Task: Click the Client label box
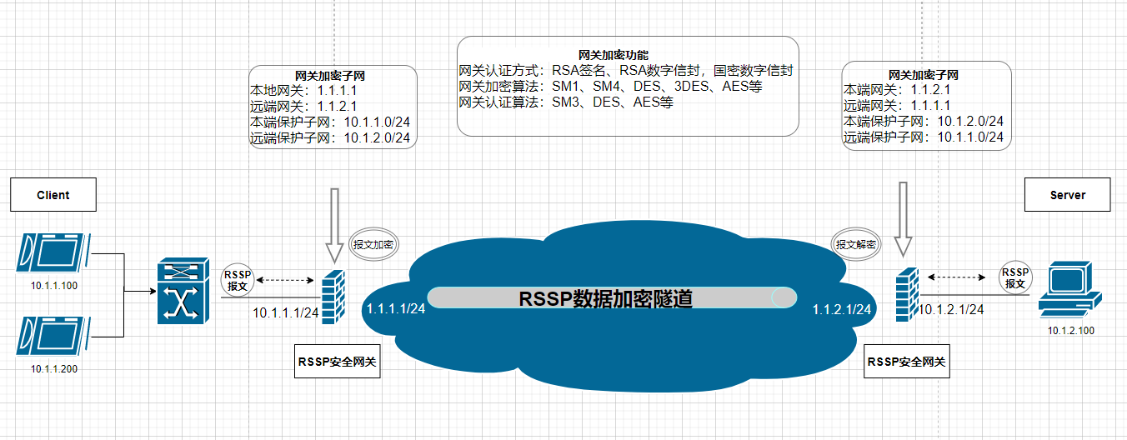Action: pyautogui.click(x=53, y=194)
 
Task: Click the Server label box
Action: pyautogui.click(x=1067, y=194)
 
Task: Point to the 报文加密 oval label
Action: pyautogui.click(x=373, y=245)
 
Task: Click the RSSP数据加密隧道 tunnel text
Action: pyautogui.click(x=606, y=298)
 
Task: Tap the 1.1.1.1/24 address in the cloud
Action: pyautogui.click(x=396, y=309)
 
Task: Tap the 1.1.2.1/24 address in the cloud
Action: pyautogui.click(x=843, y=309)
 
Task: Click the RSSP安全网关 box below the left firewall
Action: pyautogui.click(x=338, y=362)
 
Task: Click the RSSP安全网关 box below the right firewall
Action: pyautogui.click(x=907, y=362)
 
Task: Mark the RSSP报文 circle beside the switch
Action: pyautogui.click(x=238, y=280)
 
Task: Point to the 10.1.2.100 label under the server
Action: pyautogui.click(x=1071, y=331)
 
